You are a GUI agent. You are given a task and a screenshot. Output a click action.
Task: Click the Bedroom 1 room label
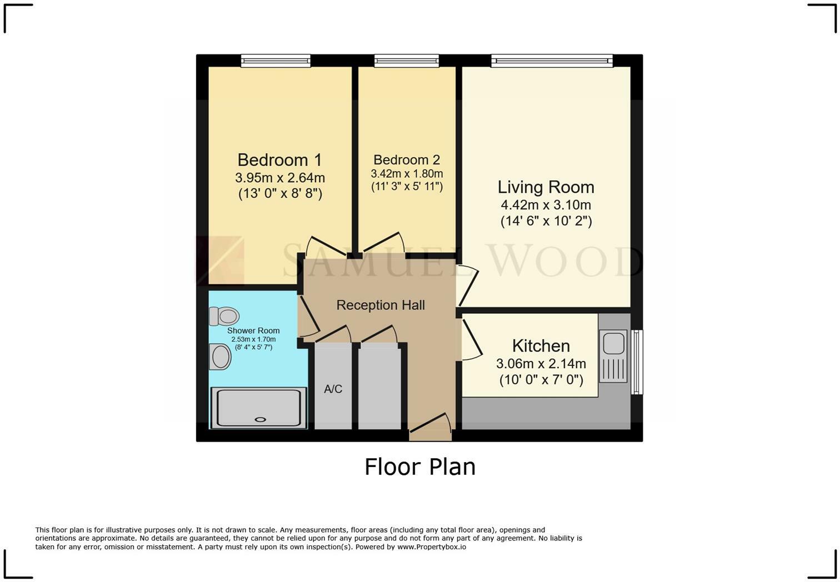279,160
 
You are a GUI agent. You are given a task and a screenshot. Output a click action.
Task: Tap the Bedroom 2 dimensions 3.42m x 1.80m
407,174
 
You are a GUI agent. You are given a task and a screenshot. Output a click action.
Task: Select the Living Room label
546,187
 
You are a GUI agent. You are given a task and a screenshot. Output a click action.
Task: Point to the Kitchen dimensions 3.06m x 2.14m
541,364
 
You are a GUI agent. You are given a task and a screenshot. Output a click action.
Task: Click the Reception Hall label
381,305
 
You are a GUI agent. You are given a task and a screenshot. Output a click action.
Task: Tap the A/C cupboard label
333,389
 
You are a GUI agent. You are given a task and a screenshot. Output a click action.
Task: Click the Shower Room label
253,330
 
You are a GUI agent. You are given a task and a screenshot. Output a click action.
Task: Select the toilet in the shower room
224,317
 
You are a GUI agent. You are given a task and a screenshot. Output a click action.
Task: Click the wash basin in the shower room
221,357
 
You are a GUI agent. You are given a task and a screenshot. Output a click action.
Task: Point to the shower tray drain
260,419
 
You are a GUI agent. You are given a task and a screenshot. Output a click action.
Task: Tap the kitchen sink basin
613,343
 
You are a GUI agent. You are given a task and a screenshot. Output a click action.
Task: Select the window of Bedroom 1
276,61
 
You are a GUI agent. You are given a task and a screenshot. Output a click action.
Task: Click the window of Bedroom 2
407,61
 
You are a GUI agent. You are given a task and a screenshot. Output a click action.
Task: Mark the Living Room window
552,61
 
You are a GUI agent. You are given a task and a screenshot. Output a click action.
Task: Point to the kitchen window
637,362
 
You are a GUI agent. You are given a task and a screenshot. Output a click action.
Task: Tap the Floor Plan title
420,467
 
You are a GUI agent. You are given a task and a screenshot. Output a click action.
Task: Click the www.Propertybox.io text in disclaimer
432,547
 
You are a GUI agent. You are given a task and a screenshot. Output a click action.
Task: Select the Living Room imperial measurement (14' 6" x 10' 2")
546,221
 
